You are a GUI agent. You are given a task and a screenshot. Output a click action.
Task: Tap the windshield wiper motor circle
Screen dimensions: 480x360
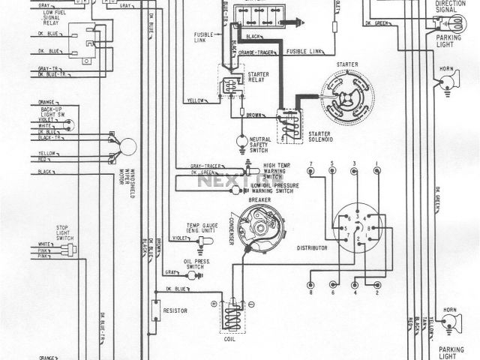128,147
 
